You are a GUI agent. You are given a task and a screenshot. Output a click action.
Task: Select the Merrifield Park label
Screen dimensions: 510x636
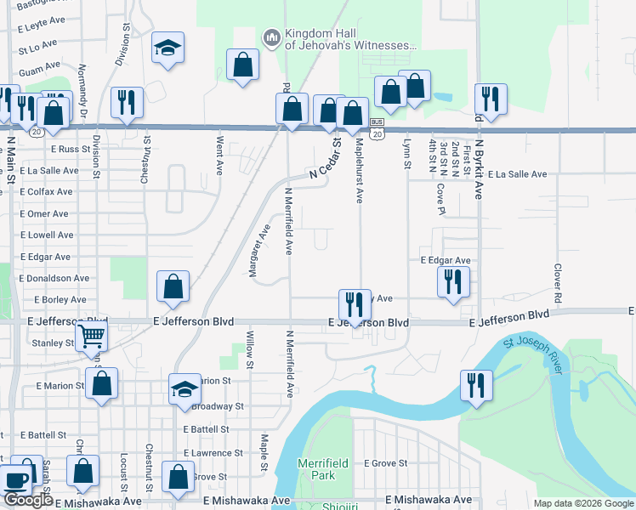[x=316, y=469]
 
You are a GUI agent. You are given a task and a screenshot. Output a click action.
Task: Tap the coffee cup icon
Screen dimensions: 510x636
[x=16, y=480]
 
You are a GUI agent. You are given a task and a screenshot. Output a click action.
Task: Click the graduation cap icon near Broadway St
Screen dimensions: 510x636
[x=185, y=389]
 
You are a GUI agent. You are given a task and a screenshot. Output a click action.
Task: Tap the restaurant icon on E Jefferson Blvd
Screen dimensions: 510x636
[x=354, y=303]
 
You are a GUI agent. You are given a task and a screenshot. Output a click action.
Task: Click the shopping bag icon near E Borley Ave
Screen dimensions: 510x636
[x=173, y=286]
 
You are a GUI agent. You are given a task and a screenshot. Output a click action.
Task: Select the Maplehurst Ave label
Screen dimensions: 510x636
[x=360, y=171]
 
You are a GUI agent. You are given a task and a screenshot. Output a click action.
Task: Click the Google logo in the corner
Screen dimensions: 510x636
[x=28, y=500]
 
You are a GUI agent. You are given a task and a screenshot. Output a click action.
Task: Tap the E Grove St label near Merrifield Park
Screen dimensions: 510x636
[x=387, y=463]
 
